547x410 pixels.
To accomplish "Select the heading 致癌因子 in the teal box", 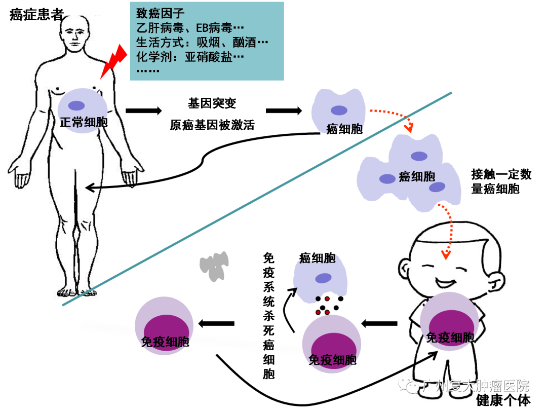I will pyautogui.click(x=157, y=13).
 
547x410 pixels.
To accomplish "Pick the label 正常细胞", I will pyautogui.click(x=83, y=122).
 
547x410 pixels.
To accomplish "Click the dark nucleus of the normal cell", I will pyautogui.click(x=77, y=106).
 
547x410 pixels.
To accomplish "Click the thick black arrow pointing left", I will pyautogui.click(x=379, y=323).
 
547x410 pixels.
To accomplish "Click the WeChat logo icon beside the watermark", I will pyautogui.click(x=408, y=386).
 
